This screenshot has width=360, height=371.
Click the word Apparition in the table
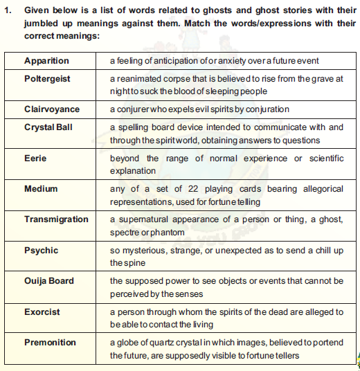(x=46, y=61)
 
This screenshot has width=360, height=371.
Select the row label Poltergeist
(x=47, y=78)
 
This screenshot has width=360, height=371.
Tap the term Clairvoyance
(x=52, y=109)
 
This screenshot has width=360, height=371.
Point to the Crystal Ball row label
(x=48, y=127)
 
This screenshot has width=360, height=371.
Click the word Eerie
(x=35, y=158)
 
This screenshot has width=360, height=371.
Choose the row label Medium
(x=41, y=188)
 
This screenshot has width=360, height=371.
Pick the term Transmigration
(x=56, y=219)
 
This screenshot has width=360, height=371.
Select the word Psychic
(x=41, y=250)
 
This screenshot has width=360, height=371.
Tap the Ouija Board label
(x=48, y=281)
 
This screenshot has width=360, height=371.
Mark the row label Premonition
(x=51, y=343)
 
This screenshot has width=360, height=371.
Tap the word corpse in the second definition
(x=176, y=79)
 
